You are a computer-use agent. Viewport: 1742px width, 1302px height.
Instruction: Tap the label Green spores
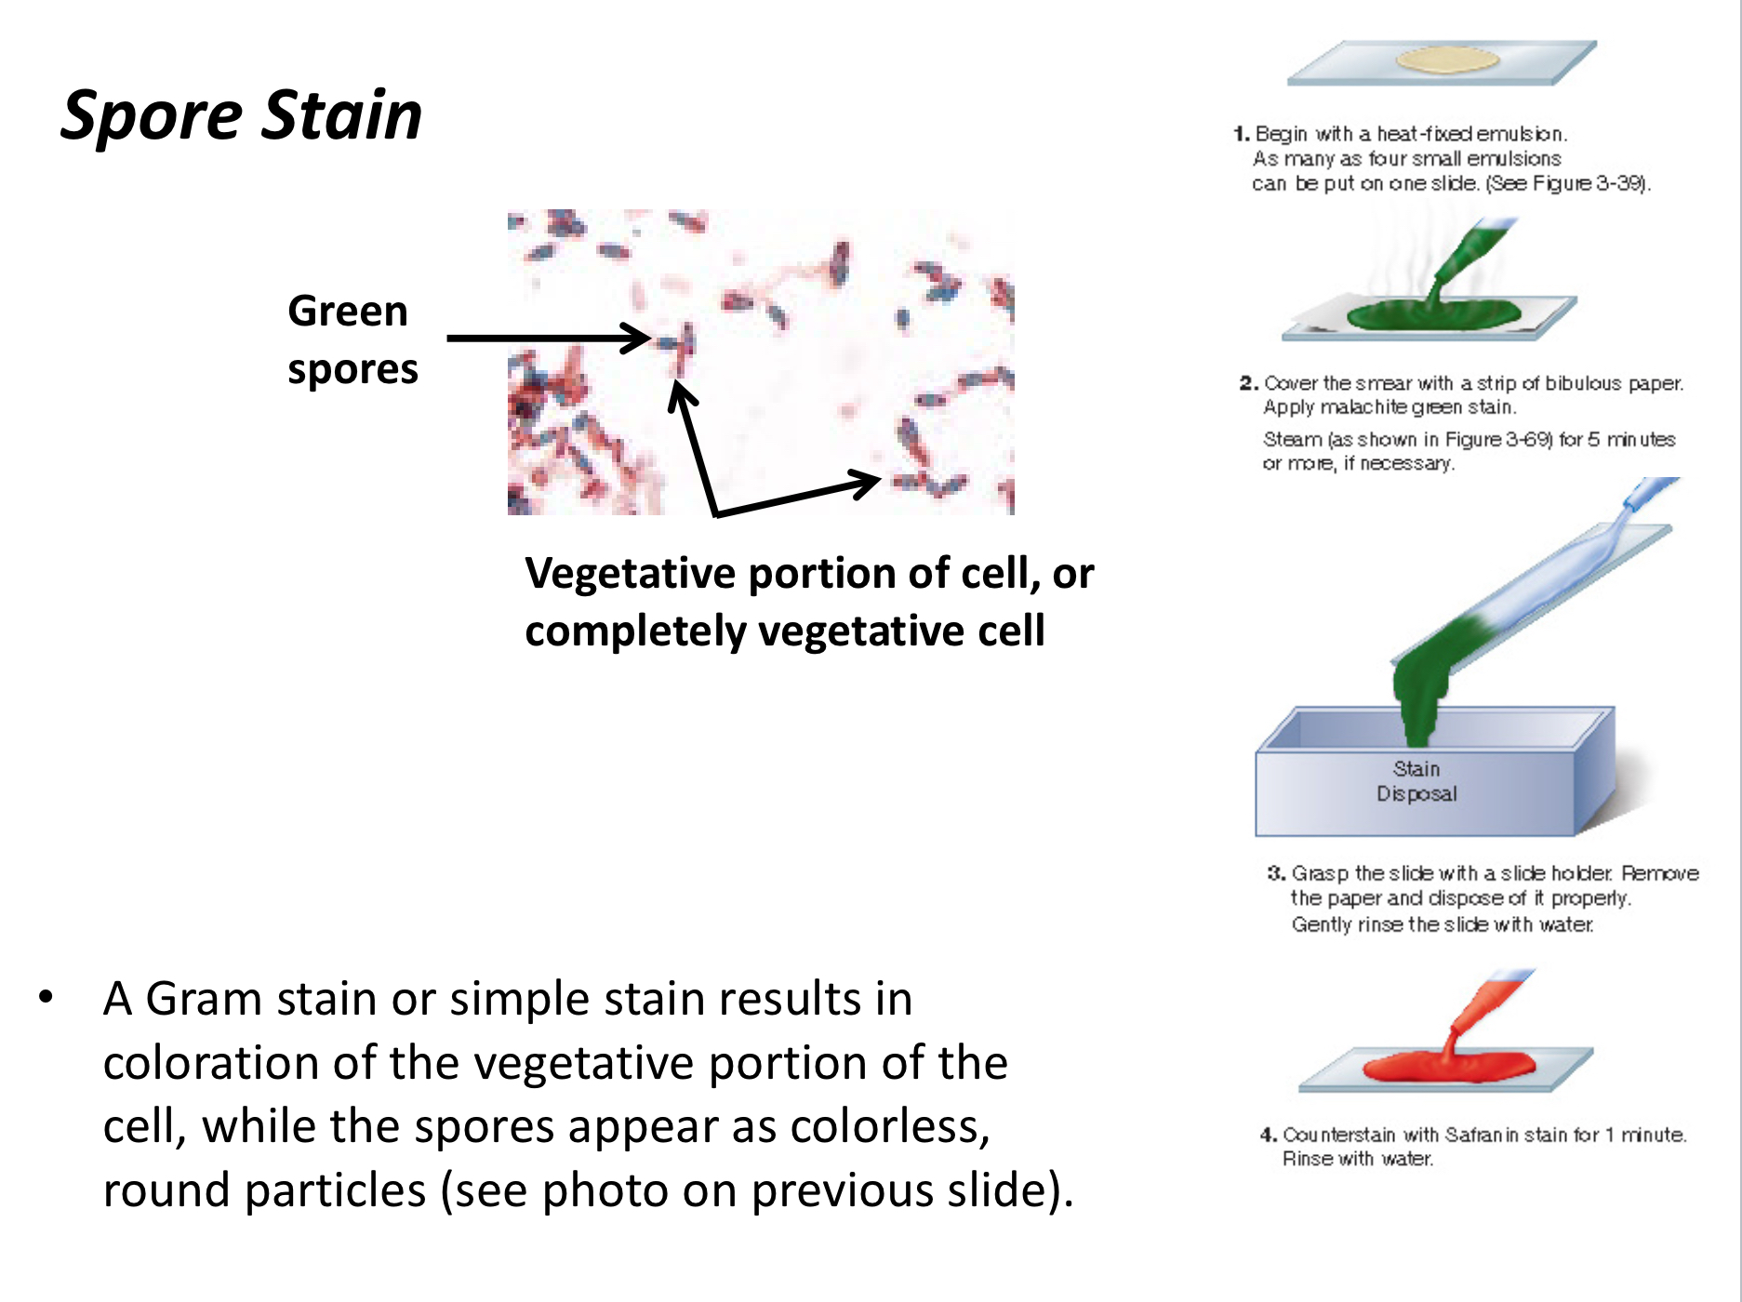(x=352, y=339)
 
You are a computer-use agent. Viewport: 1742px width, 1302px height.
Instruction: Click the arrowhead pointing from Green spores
(x=637, y=338)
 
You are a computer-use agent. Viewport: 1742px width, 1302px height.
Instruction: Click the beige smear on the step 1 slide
(x=1447, y=60)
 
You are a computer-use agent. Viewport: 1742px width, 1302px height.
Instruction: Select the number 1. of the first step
(x=1242, y=134)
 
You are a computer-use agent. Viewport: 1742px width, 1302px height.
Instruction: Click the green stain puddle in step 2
(x=1433, y=313)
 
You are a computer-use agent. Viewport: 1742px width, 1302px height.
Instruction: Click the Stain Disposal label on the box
(x=1416, y=781)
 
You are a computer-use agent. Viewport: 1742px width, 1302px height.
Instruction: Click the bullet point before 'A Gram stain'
(x=46, y=998)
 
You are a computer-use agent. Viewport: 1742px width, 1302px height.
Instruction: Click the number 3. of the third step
(x=1275, y=873)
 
